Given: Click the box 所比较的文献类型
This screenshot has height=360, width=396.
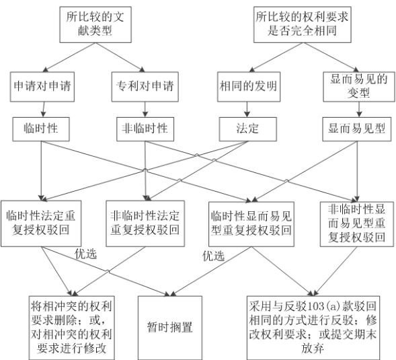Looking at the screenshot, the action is click(x=95, y=24).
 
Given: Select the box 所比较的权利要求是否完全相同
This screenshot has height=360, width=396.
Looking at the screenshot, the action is click(x=303, y=24).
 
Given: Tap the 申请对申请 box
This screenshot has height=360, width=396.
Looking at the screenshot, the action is click(x=42, y=87).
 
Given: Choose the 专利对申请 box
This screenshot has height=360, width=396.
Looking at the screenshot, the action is click(x=145, y=87).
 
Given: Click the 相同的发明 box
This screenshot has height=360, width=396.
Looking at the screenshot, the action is click(x=249, y=87).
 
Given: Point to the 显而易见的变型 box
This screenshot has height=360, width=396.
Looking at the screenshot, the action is click(x=359, y=87).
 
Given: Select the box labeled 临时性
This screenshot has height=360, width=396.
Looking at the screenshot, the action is click(x=41, y=129).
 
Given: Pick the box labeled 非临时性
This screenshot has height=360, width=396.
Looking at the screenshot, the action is click(x=145, y=129).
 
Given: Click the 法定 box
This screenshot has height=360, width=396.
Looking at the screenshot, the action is click(x=248, y=129).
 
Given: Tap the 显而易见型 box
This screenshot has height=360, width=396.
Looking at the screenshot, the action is click(x=357, y=129).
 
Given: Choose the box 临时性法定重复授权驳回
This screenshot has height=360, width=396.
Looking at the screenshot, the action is click(x=41, y=223).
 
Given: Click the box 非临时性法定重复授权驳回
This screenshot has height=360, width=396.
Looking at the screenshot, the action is click(x=145, y=223).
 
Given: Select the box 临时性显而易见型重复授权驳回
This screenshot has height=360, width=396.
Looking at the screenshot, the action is click(x=251, y=224).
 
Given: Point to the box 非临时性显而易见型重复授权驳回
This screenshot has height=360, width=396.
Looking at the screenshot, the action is click(x=357, y=224).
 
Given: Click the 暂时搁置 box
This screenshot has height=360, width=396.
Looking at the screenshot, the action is click(x=170, y=328).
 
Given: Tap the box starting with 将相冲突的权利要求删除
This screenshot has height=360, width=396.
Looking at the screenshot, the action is click(x=71, y=328).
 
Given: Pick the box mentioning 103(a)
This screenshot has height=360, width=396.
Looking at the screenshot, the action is click(x=313, y=328).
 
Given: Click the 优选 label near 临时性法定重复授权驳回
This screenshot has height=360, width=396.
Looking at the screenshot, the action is click(x=85, y=254).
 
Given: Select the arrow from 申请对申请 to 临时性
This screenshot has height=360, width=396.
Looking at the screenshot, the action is click(x=44, y=110).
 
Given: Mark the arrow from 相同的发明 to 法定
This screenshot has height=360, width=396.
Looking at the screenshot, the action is click(x=247, y=110).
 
